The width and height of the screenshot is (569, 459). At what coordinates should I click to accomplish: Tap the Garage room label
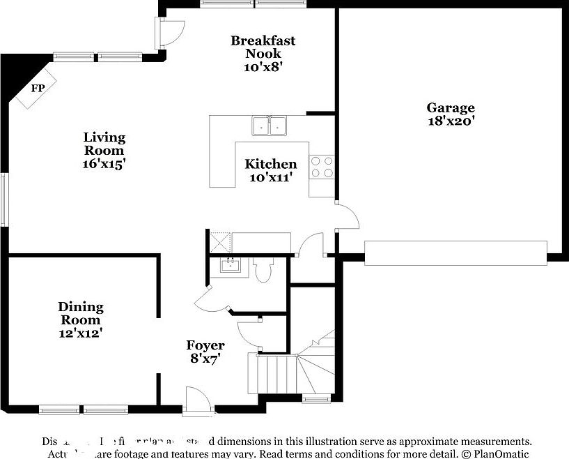pos(451,107)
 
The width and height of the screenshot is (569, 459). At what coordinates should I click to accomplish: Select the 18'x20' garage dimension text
pos(451,121)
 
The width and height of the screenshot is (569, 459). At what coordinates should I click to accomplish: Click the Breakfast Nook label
pos(263,47)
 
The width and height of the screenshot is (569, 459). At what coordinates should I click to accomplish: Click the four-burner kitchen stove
pos(322,166)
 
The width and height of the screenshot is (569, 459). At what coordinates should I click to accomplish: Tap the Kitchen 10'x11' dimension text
pos(270,178)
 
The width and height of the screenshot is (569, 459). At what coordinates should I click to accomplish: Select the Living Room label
pos(104,144)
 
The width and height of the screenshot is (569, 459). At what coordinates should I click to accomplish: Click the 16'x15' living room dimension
pos(104,164)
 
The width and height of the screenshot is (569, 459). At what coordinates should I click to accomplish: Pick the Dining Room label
pos(80,313)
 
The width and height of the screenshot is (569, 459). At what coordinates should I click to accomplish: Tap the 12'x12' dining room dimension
pos(80,333)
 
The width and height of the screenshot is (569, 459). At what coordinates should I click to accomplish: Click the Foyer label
pos(205,345)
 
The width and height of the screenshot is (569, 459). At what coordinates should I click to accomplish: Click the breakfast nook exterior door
pos(169,31)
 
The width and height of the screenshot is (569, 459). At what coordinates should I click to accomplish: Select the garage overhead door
pos(455,253)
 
